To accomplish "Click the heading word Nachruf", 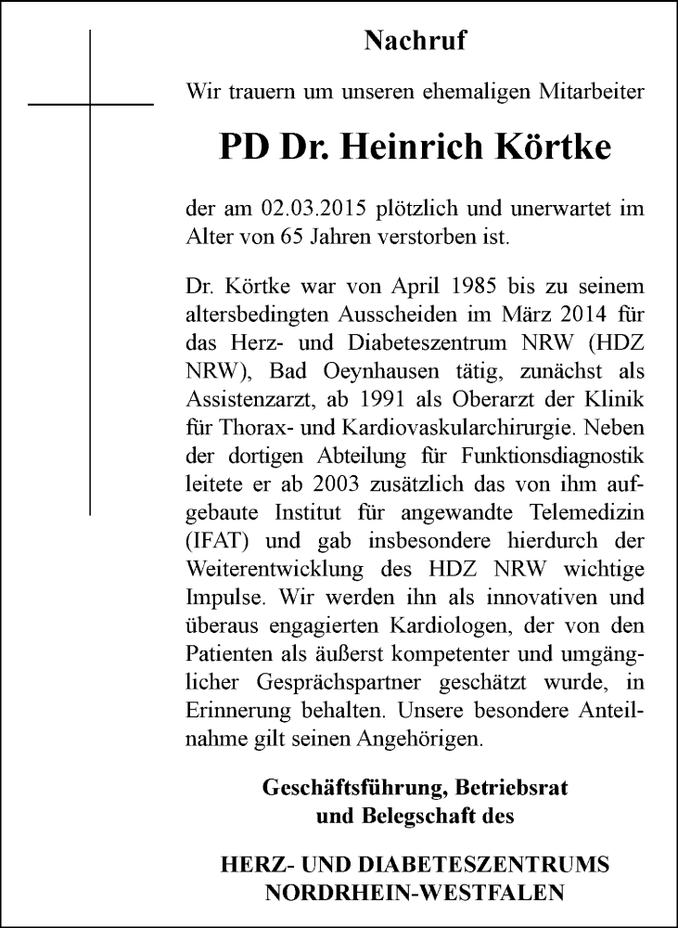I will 415,41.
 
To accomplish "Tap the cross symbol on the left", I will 91,104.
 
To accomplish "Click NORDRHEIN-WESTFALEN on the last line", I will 415,894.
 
